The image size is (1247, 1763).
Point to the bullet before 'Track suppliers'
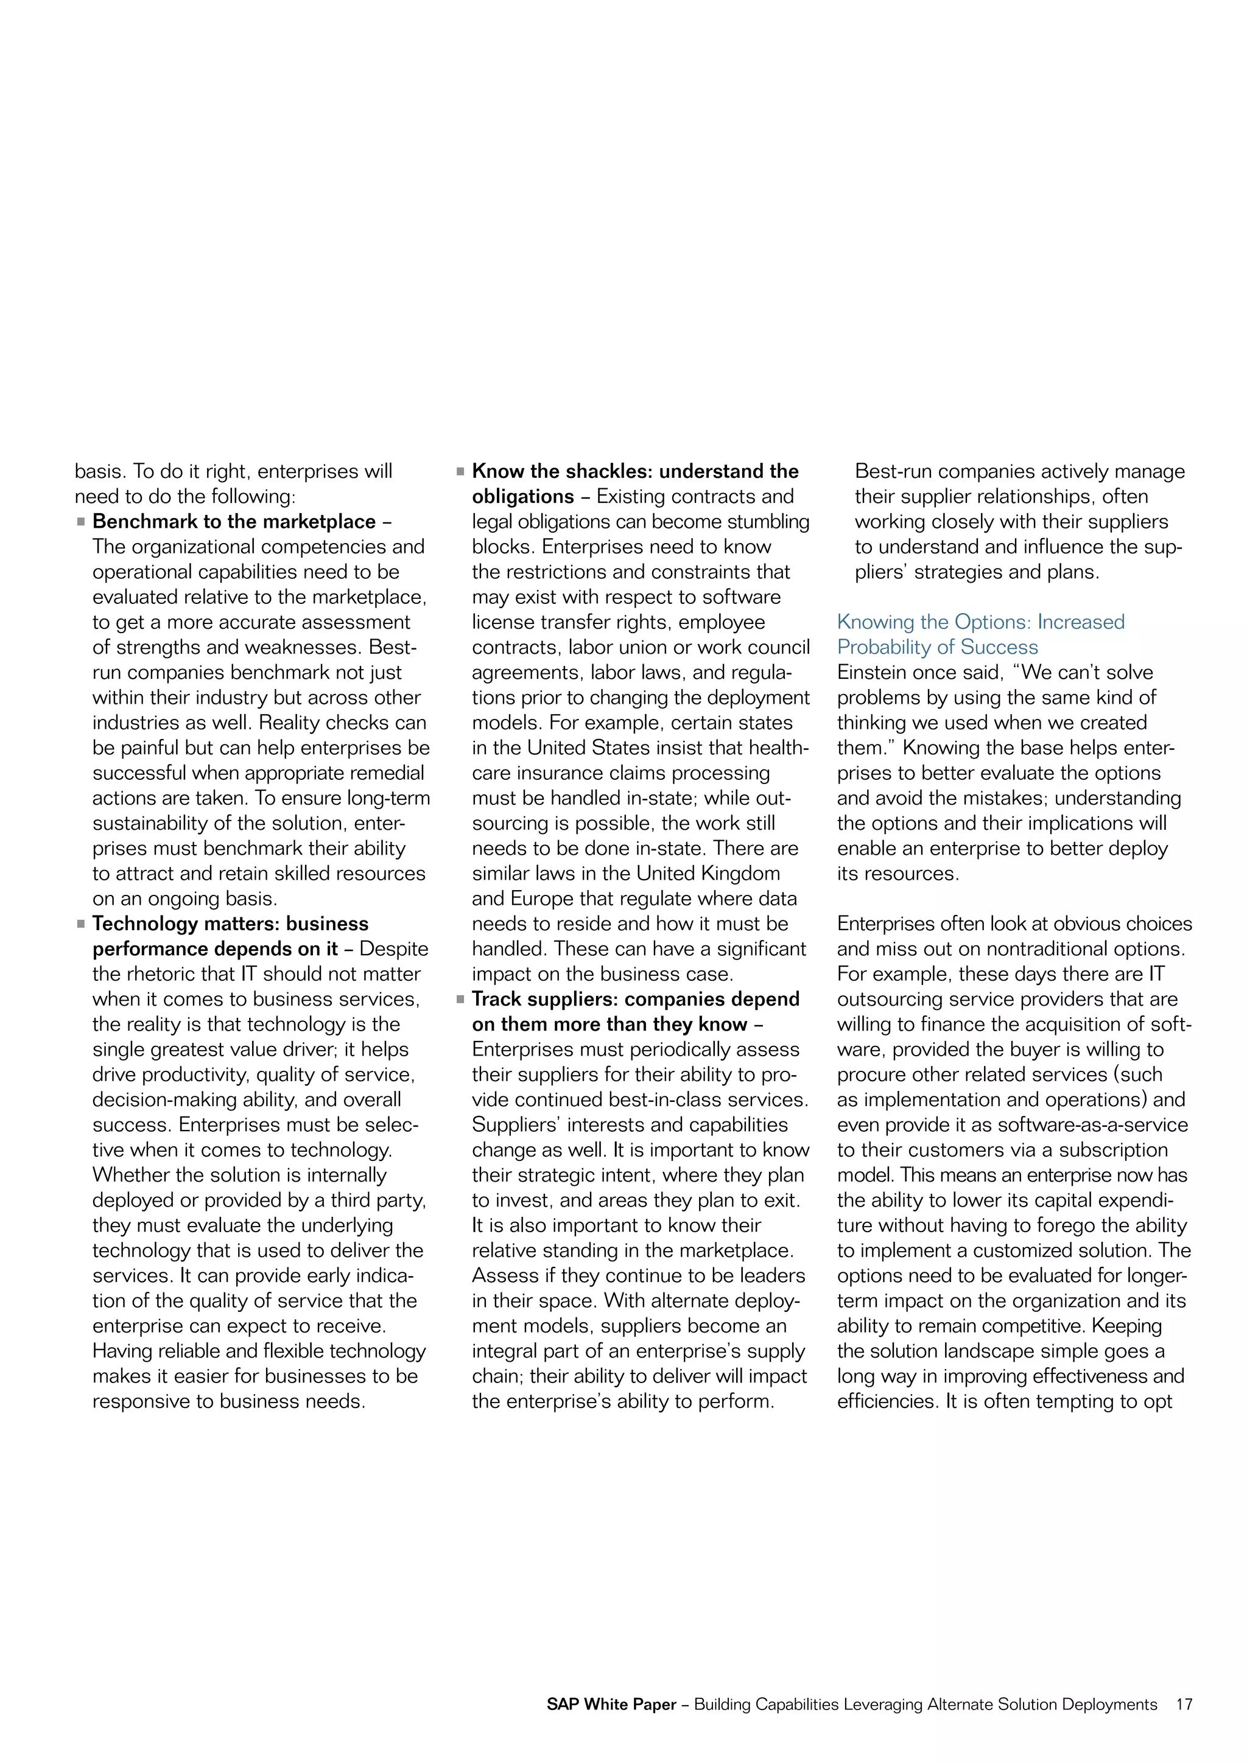[x=461, y=999]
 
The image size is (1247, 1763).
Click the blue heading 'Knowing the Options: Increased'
[x=980, y=622]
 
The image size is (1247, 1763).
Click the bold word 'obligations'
[x=523, y=497]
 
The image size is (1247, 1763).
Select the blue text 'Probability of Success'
[x=937, y=647]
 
